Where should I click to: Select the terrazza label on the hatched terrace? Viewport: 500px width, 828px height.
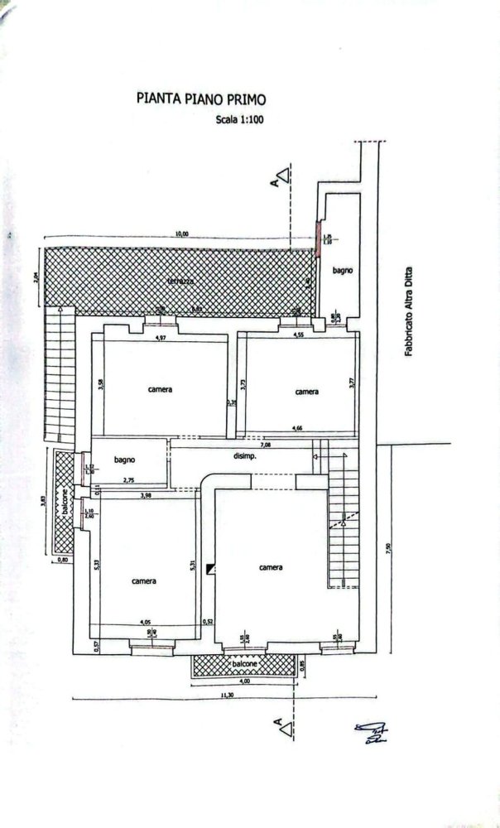180,282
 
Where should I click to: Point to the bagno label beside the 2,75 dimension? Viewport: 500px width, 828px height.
125,460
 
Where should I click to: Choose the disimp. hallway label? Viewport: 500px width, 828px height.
243,456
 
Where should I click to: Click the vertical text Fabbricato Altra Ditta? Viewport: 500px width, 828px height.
408,315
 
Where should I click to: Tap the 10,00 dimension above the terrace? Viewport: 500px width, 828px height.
181,233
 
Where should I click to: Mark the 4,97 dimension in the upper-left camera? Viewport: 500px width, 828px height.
162,338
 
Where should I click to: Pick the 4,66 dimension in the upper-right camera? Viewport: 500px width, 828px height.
297,428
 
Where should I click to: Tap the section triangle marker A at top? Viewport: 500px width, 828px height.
282,176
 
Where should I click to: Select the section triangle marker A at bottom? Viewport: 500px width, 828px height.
284,729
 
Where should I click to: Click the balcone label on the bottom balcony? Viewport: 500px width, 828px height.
243,665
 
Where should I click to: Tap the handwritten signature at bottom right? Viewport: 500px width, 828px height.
370,732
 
